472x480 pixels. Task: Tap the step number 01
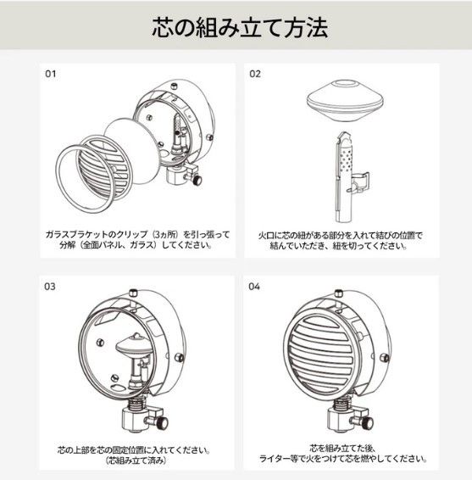pos(50,74)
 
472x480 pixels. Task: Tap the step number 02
pos(255,74)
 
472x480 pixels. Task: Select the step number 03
pos(50,287)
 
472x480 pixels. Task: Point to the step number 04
pos(255,287)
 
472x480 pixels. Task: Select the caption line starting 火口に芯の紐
pos(340,232)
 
